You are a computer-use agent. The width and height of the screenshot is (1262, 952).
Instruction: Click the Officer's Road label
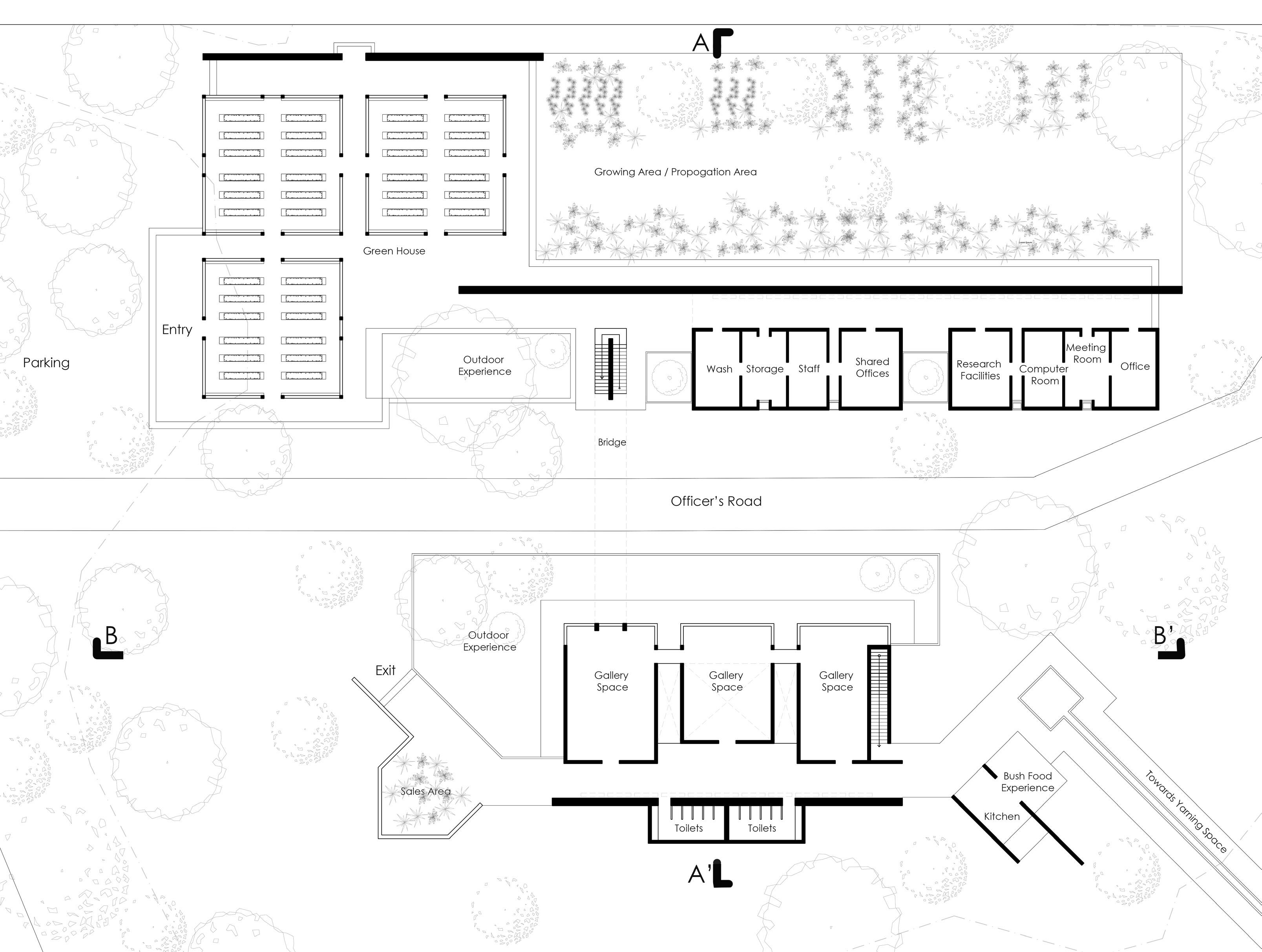click(x=716, y=502)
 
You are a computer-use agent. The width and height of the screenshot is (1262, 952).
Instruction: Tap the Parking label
click(x=46, y=363)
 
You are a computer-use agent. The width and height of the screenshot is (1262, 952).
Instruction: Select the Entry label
click(x=177, y=330)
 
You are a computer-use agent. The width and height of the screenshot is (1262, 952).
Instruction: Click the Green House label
click(x=394, y=251)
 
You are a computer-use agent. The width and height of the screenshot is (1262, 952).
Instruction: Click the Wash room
click(x=719, y=369)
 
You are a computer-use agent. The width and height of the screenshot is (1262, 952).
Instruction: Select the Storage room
click(x=765, y=369)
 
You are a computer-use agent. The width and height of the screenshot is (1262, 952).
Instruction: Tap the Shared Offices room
click(x=872, y=368)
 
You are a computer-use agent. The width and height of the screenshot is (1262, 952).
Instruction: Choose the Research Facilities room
click(x=979, y=370)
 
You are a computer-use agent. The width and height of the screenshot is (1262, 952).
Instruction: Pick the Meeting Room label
click(x=1086, y=353)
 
